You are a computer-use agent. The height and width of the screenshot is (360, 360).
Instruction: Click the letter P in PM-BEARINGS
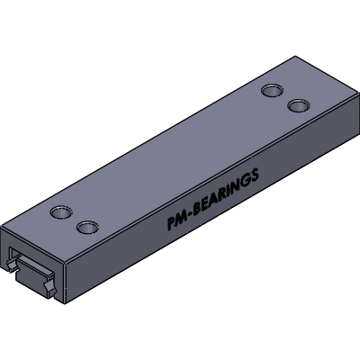(x=172, y=223)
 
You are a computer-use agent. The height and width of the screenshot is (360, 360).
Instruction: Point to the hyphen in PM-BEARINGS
(x=191, y=214)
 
